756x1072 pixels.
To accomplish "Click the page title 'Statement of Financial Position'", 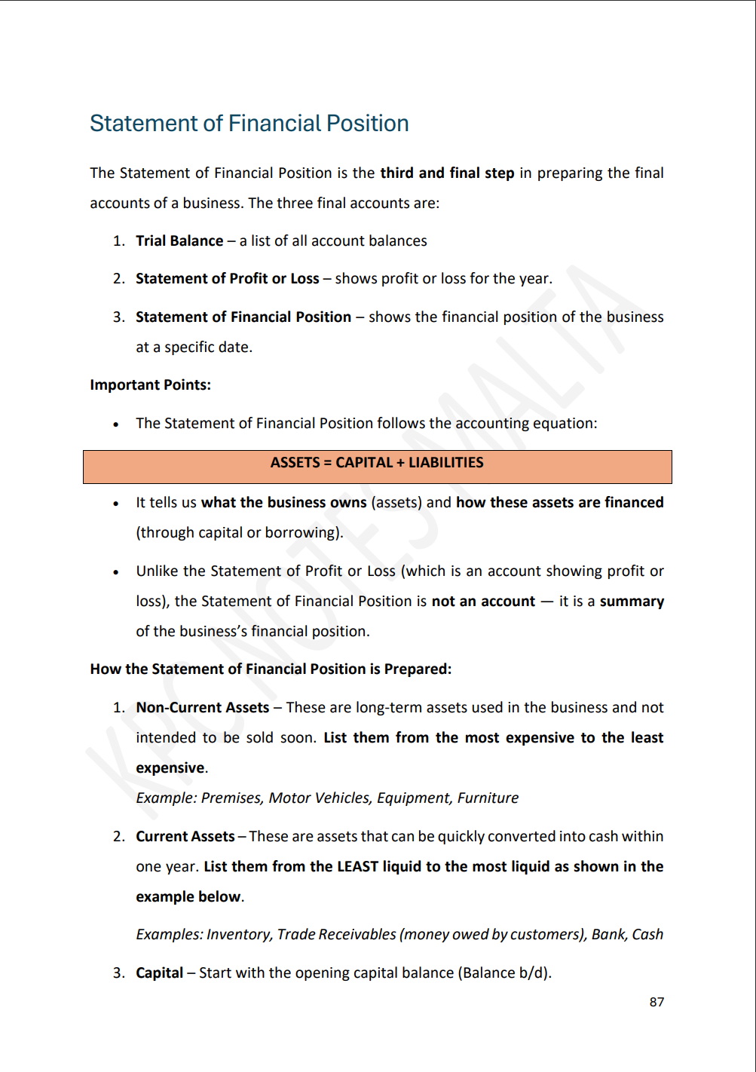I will tap(249, 124).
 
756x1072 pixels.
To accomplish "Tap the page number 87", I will tap(657, 1002).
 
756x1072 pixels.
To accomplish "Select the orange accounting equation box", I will tap(377, 467).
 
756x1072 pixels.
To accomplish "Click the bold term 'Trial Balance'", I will tap(179, 241).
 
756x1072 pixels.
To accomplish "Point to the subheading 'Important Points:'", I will tap(150, 385).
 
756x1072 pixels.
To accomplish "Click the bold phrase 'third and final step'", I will tap(447, 173).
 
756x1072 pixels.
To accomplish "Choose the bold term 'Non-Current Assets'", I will tap(202, 708).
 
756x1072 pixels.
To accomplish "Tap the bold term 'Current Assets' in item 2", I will tap(185, 837).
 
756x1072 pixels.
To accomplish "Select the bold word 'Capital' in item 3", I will tap(159, 973).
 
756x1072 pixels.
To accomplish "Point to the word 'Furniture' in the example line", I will tap(488, 798).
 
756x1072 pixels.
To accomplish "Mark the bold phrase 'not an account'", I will tap(483, 602).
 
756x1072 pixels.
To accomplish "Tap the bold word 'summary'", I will tap(632, 602).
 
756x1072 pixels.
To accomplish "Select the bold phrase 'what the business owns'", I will tap(284, 503).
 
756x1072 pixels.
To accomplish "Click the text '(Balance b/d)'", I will tap(504, 973).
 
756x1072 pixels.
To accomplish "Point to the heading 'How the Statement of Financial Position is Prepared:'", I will tap(271, 669).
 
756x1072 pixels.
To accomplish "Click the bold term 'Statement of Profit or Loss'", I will tap(227, 279).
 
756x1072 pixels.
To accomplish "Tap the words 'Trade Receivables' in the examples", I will tap(336, 935).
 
